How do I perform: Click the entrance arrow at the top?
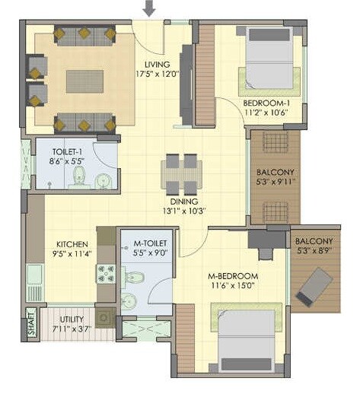tap(150, 8)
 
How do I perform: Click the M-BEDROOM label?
tap(233, 275)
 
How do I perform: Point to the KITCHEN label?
tap(70, 245)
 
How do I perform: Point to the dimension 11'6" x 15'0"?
tap(233, 286)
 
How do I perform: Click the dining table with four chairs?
tap(182, 174)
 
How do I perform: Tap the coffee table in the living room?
tap(84, 81)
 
